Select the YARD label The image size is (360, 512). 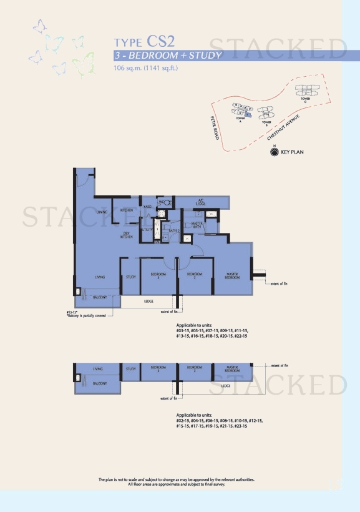(148, 205)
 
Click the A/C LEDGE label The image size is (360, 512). (202, 202)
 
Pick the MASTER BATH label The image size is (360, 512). (198, 225)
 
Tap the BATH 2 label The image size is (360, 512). (175, 231)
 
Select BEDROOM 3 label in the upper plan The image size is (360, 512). (158, 276)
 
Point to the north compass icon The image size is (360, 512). (274, 151)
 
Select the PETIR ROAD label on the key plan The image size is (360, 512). (215, 127)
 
